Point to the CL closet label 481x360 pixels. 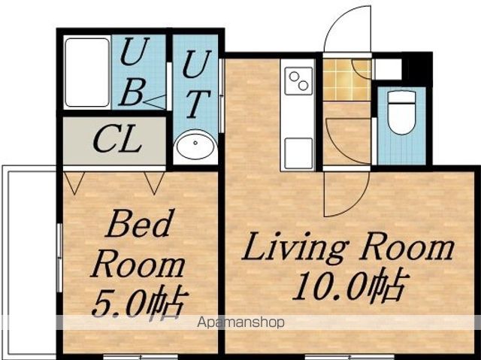[x=117, y=141]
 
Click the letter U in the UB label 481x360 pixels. [x=135, y=51]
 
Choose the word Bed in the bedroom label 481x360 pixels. [x=138, y=223]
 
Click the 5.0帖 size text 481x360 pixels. [x=140, y=302]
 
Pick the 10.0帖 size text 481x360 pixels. [x=350, y=284]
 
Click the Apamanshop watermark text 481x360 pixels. [x=240, y=322]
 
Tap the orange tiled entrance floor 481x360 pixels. [x=347, y=80]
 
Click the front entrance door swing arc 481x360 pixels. [x=332, y=26]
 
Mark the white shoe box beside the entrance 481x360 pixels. [x=388, y=69]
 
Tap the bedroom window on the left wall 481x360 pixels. [x=59, y=257]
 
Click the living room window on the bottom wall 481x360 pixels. [x=349, y=357]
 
